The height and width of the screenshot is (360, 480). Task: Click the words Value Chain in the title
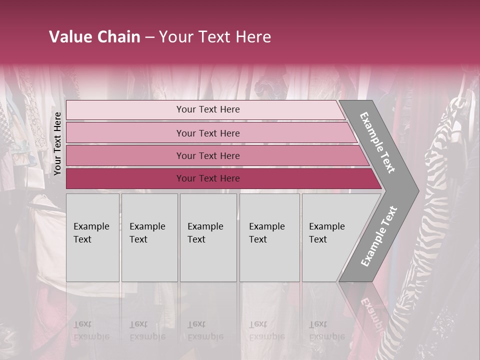pos(94,37)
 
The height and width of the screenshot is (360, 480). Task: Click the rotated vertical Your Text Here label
pos(57,143)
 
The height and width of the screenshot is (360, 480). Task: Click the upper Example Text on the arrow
pos(378,142)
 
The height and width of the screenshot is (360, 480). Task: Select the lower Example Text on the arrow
pos(378,236)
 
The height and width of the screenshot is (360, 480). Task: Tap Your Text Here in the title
pos(214,37)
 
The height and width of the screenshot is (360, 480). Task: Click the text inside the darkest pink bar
pos(208,178)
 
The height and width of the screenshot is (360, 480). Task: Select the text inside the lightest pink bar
pos(208,109)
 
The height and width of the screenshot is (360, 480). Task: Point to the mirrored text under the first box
pos(91,330)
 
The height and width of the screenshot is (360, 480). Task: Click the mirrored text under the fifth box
pos(327,330)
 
